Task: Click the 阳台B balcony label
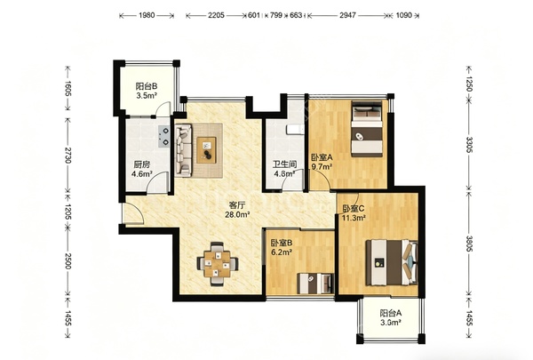coord(147,91)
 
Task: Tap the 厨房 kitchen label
coord(142,169)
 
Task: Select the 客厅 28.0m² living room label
coord(237,210)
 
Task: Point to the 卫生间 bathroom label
coord(285,169)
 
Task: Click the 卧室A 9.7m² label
coord(322,162)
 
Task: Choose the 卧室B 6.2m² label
coord(282,248)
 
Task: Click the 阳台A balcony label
coord(391,317)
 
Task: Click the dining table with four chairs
coord(218,264)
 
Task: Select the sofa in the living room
coord(184,150)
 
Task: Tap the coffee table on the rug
coord(207,150)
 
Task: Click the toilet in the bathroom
coord(295,129)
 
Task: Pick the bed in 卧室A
coord(366,129)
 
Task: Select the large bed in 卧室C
coord(392,262)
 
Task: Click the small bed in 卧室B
coord(315,284)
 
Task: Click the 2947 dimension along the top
coord(347,15)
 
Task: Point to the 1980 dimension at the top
coord(147,15)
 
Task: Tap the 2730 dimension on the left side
coord(68,155)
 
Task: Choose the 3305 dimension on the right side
coord(469,145)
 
